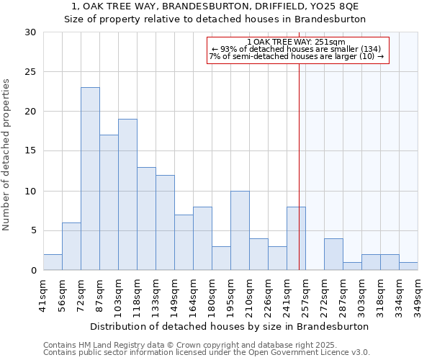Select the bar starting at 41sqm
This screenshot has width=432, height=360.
coord(53,262)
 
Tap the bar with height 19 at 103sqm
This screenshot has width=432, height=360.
coord(127,194)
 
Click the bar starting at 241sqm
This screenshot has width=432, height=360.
coord(296,238)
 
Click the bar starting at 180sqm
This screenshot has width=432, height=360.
coord(221,258)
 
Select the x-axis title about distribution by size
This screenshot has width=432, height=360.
coord(230,326)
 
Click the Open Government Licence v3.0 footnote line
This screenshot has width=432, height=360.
coord(207,353)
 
